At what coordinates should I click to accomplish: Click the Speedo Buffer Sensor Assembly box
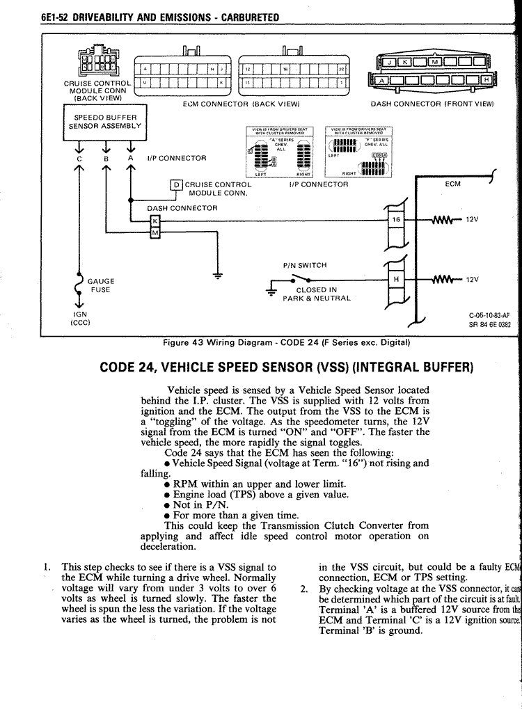(104, 122)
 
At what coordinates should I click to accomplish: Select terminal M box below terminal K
(155, 232)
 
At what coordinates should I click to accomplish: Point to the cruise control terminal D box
(176, 185)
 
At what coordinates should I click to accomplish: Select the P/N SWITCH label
(305, 265)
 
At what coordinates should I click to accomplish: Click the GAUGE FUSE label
(102, 285)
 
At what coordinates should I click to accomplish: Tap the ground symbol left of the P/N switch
(271, 292)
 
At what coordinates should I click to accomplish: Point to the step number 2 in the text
(304, 588)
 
